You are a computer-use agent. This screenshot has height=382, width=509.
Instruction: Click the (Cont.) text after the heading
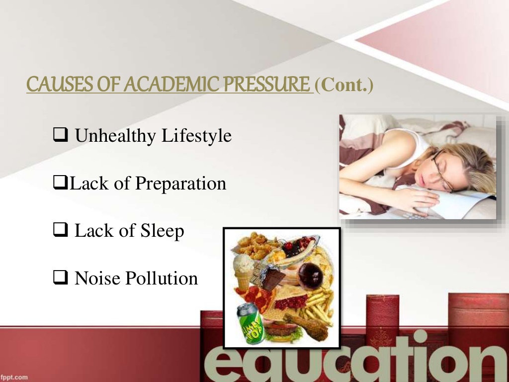point(343,85)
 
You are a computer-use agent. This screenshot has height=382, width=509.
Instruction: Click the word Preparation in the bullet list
point(180,184)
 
